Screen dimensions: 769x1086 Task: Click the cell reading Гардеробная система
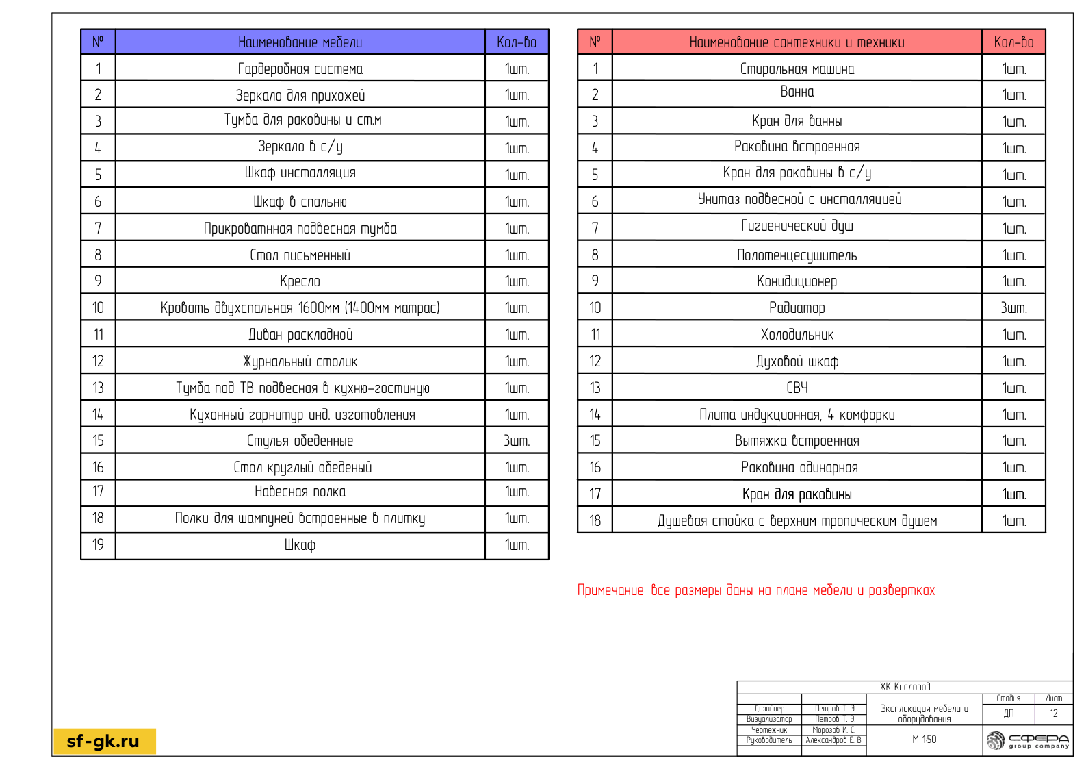point(300,68)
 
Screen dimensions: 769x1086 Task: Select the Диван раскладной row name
point(300,334)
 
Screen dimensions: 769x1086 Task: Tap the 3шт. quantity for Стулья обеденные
point(517,441)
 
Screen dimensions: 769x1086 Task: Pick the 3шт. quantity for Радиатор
point(1013,308)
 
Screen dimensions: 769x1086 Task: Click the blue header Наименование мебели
point(300,42)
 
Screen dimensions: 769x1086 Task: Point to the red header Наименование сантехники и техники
point(797,42)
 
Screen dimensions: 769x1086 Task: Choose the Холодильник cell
point(797,334)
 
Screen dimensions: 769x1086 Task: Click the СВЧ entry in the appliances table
point(797,388)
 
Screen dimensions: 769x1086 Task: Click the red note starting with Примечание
point(755,590)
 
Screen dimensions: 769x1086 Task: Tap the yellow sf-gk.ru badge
point(105,741)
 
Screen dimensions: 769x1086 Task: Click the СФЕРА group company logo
point(1027,740)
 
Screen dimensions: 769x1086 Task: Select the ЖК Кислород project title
point(905,687)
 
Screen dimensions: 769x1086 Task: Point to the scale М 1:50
point(924,740)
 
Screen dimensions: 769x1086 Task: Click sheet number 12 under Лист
point(1053,714)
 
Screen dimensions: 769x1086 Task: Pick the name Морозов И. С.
point(833,730)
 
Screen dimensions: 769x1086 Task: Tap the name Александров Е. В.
point(833,740)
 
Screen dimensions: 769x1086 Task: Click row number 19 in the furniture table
point(98,545)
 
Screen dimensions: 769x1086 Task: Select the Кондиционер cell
point(797,281)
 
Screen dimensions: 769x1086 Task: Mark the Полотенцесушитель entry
point(797,255)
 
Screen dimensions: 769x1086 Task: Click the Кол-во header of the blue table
point(517,42)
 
